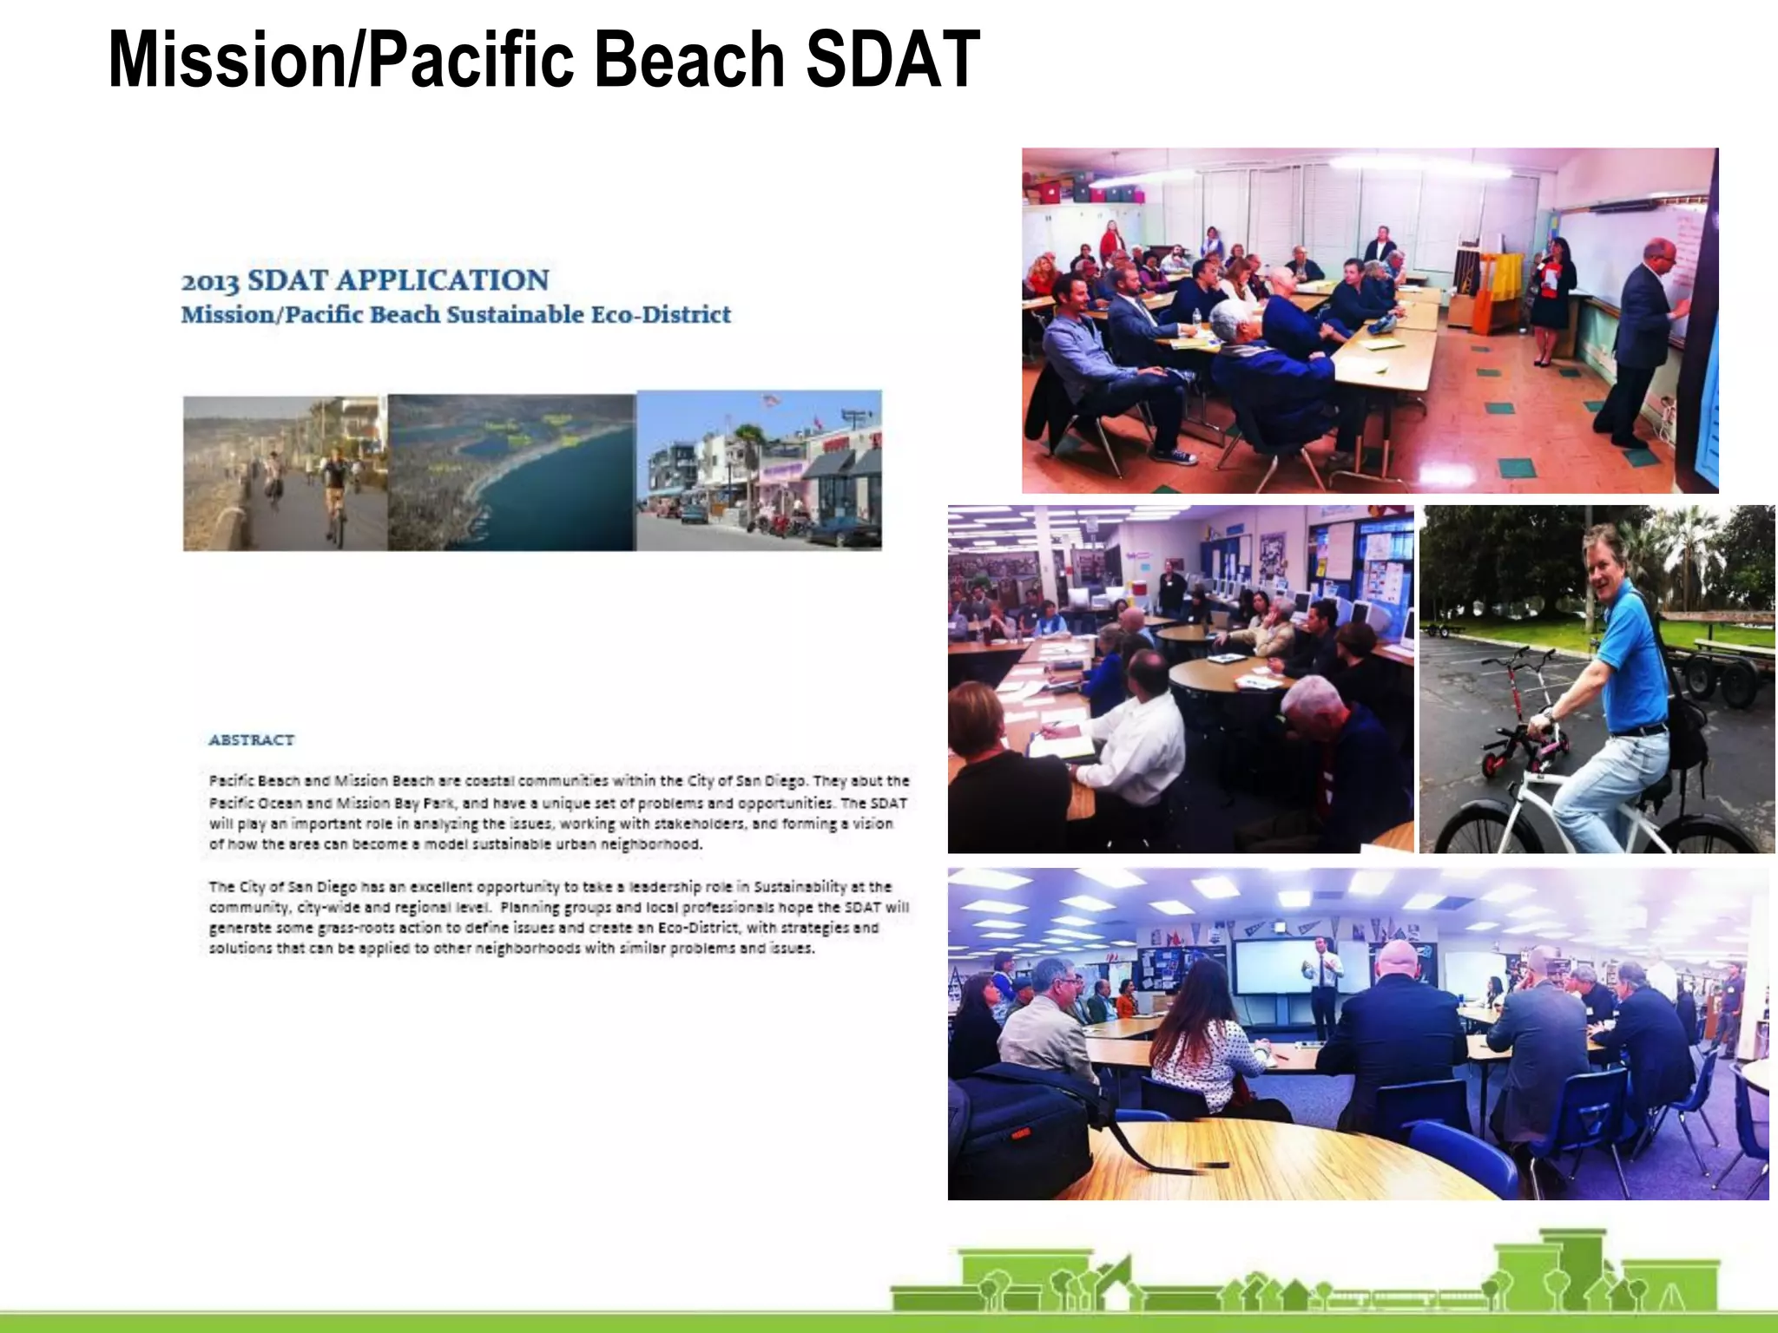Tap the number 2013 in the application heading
point(209,281)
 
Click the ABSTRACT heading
point(251,739)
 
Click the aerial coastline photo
point(511,472)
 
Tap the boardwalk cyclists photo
point(285,474)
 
